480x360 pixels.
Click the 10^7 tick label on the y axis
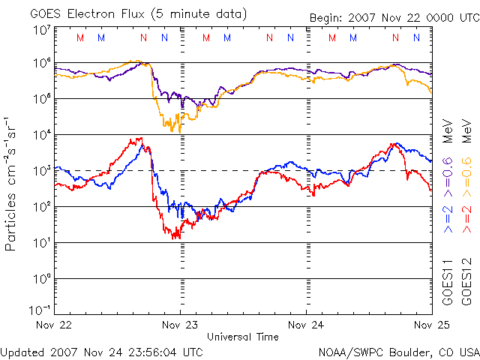pyautogui.click(x=41, y=29)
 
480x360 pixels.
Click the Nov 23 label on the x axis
pyautogui.click(x=180, y=325)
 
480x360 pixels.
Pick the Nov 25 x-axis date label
pyautogui.click(x=430, y=325)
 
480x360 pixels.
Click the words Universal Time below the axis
pyautogui.click(x=243, y=337)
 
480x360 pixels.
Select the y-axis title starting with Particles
pyautogui.click(x=12, y=183)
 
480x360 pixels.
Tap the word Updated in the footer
pyautogui.click(x=23, y=352)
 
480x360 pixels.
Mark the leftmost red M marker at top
pyautogui.click(x=80, y=37)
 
